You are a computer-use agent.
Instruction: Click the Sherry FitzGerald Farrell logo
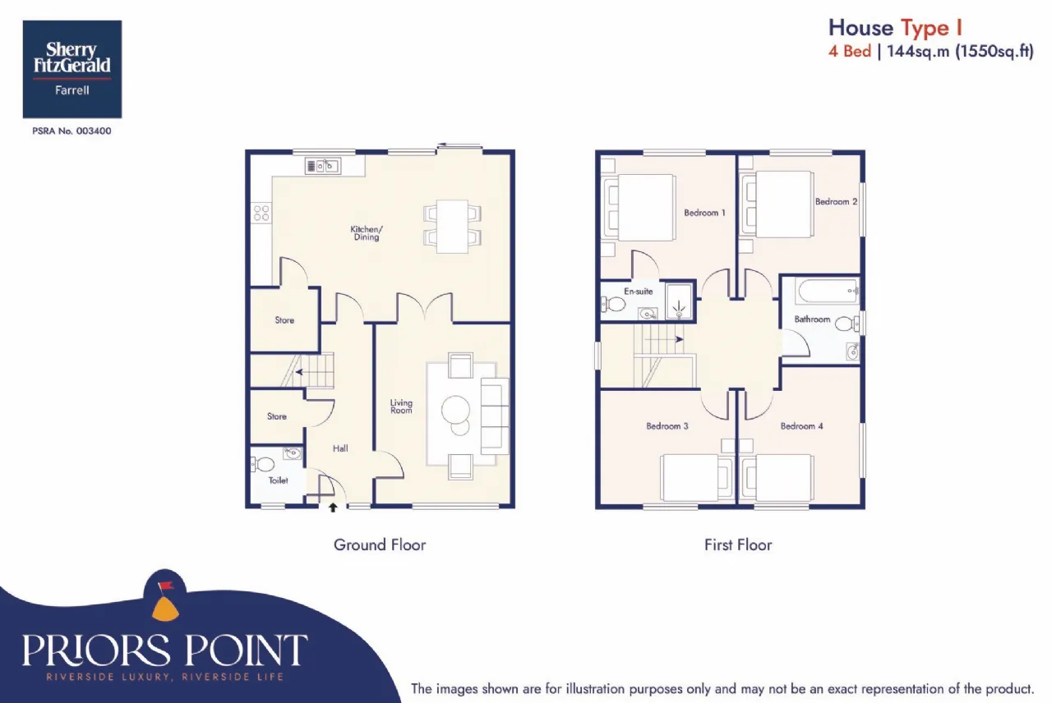point(72,69)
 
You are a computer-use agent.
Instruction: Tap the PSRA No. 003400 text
point(72,131)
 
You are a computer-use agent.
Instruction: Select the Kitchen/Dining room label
point(367,232)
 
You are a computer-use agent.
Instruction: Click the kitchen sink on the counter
point(323,166)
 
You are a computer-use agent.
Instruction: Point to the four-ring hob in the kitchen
point(261,213)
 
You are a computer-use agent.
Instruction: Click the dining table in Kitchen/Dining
point(452,227)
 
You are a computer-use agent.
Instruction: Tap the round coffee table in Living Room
point(455,410)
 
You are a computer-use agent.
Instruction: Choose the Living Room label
point(401,407)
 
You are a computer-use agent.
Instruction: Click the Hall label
point(340,448)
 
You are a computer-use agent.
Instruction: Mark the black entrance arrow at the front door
point(333,508)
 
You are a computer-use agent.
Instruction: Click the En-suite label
point(639,292)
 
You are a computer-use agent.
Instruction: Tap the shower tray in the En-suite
point(679,301)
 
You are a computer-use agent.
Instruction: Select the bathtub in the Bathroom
point(828,291)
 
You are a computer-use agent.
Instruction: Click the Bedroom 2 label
point(837,202)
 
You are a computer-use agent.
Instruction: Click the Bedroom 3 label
point(667,426)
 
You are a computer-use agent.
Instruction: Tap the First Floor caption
point(738,544)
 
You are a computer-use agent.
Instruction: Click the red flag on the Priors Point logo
point(166,585)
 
